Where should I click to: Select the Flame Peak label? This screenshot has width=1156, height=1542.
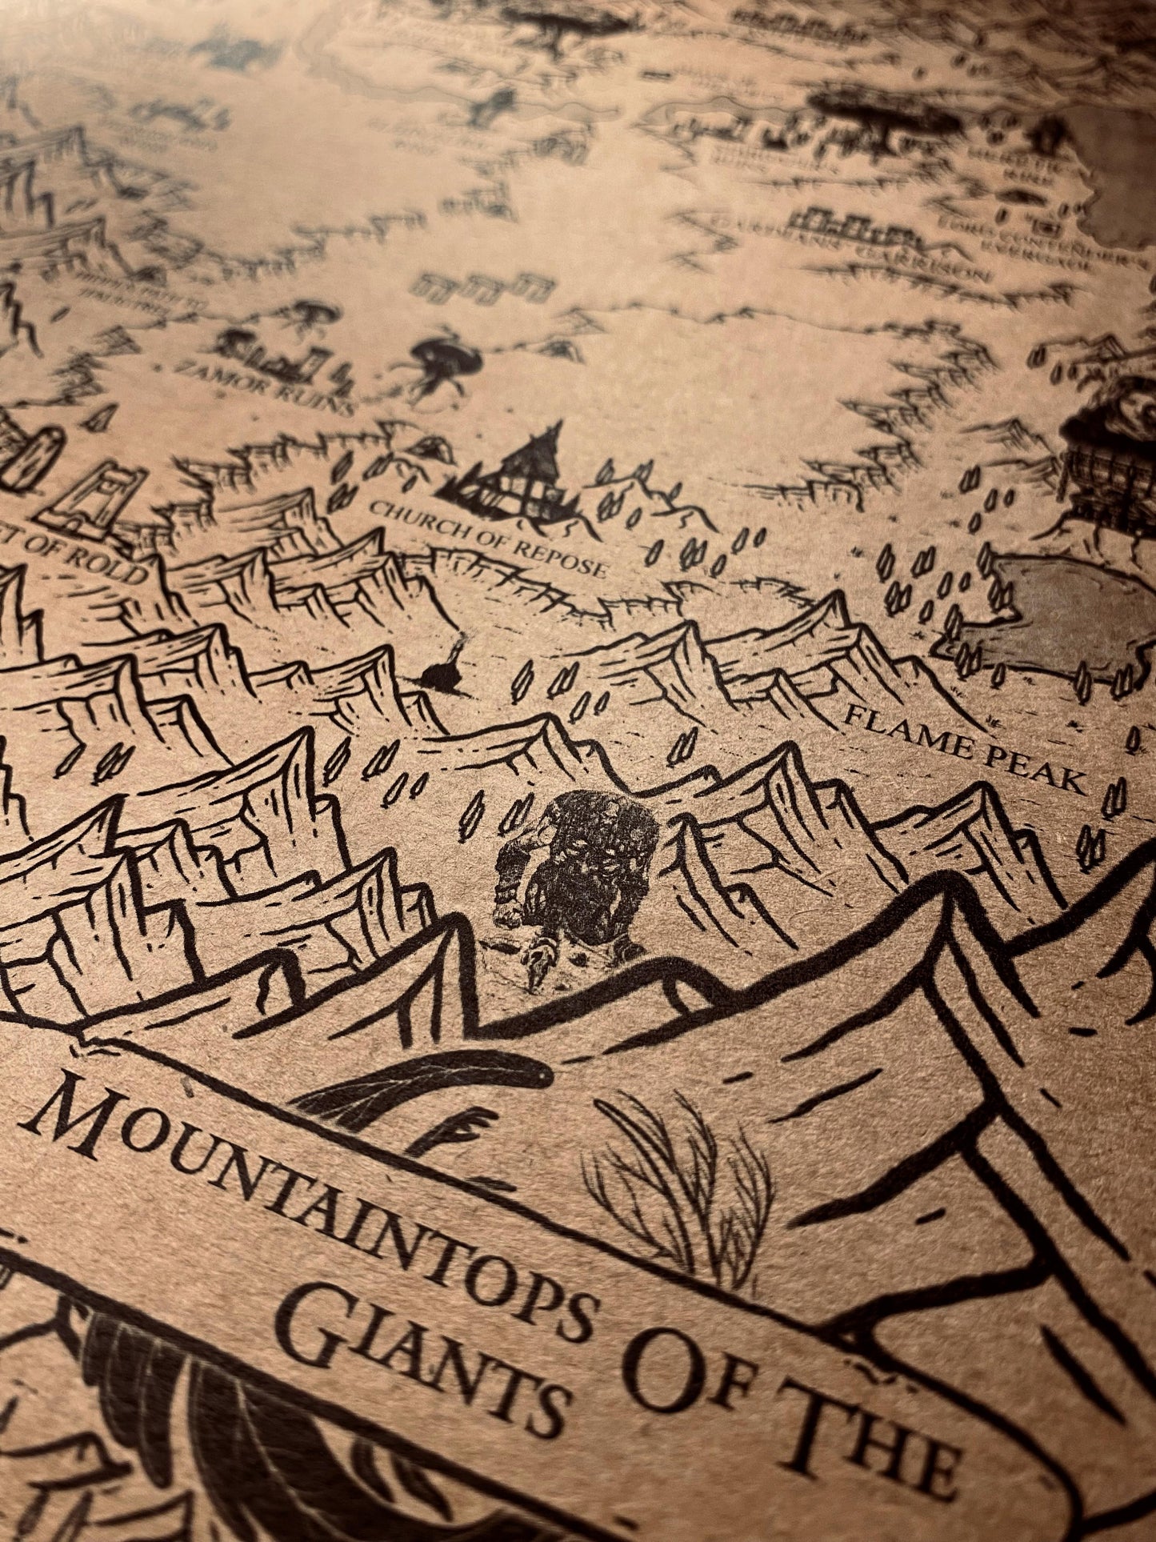(965, 747)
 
